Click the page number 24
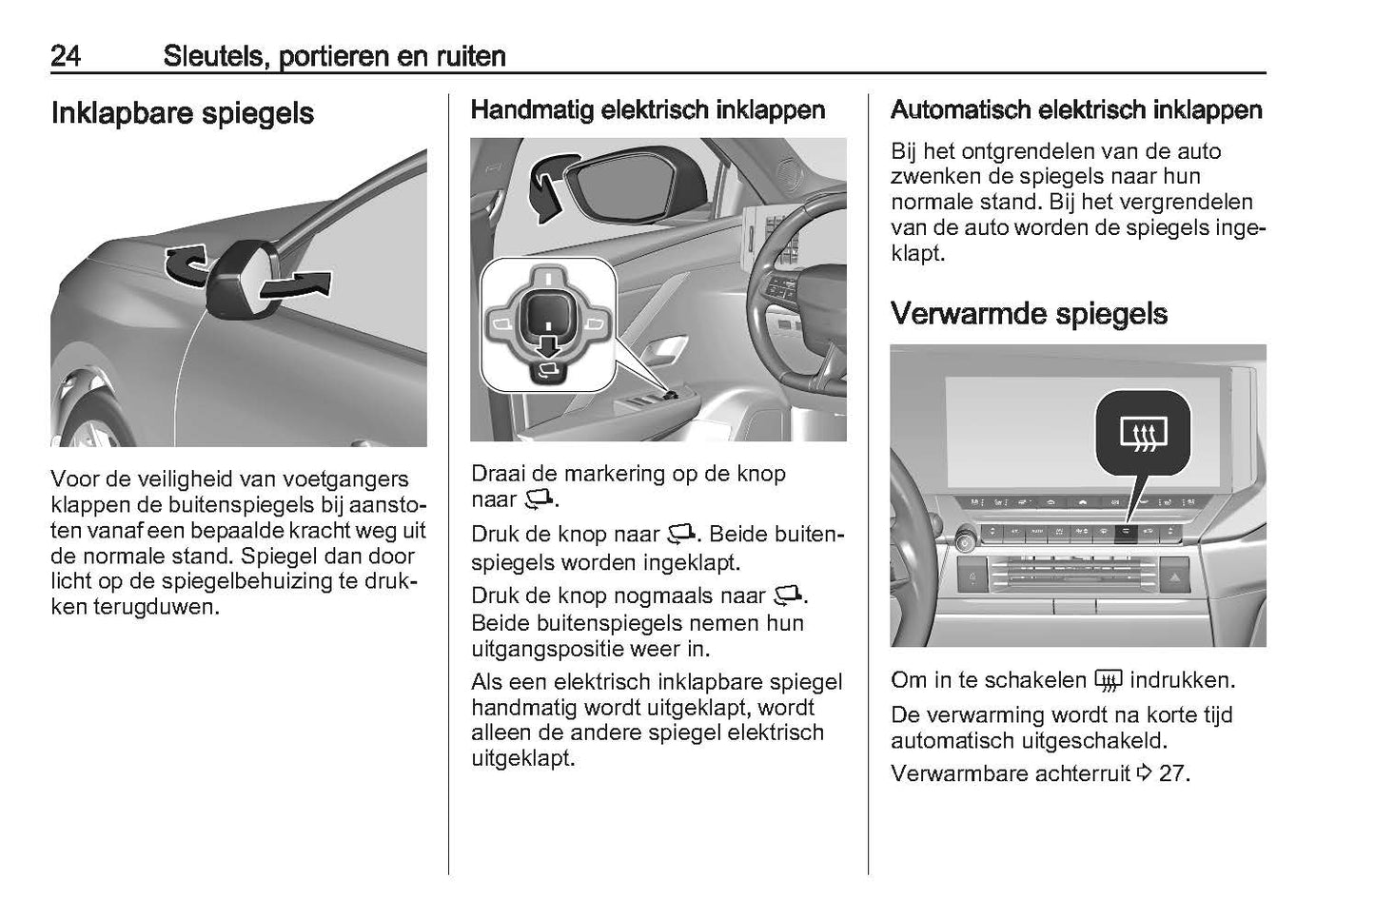click(65, 56)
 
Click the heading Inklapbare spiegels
click(182, 114)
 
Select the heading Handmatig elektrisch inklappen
click(648, 110)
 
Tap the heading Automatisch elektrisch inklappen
click(1075, 110)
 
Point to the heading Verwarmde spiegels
click(1029, 314)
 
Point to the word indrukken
click(1182, 680)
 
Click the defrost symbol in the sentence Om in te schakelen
click(1108, 681)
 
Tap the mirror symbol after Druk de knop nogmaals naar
click(789, 596)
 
